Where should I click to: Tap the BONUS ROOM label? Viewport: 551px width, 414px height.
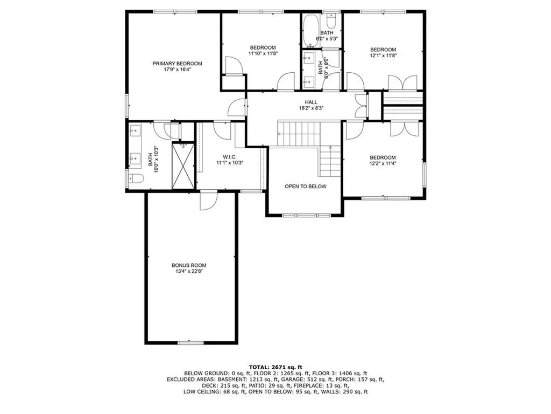[x=189, y=265]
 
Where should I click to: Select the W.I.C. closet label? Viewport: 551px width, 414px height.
[x=230, y=157]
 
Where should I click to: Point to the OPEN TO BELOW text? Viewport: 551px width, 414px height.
[x=305, y=187]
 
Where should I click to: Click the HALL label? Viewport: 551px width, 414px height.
[x=311, y=102]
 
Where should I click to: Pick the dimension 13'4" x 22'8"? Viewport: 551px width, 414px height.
[x=189, y=271]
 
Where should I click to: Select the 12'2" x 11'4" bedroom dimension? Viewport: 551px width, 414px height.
[x=383, y=163]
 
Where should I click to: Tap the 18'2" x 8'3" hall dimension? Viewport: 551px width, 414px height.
[x=311, y=108]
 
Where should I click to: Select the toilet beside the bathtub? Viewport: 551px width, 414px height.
[x=331, y=22]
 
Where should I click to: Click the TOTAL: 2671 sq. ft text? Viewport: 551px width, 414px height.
[x=275, y=367]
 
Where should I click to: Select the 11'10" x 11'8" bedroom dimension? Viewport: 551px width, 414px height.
[x=262, y=53]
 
